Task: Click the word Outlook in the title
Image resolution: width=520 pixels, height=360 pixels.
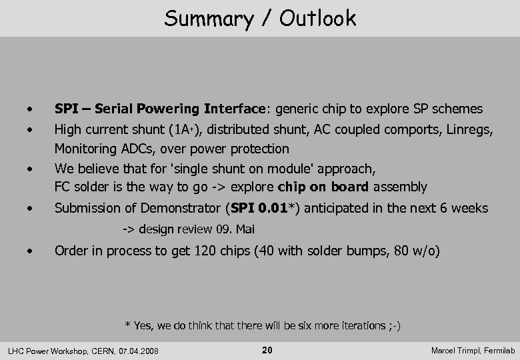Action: pos(317,18)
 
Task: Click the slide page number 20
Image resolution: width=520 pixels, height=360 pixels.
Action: pos(267,350)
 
